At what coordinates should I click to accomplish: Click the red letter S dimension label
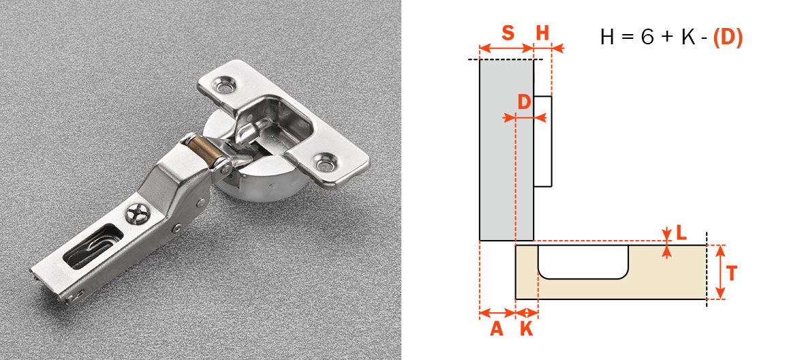click(x=508, y=33)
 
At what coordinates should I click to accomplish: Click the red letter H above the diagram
click(x=542, y=33)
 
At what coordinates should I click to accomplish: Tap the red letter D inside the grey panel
click(x=524, y=102)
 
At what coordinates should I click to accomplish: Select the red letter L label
click(x=681, y=233)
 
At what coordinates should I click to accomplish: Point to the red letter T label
click(x=732, y=274)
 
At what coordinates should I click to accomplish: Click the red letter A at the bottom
click(x=497, y=329)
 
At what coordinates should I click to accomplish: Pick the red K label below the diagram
click(x=526, y=329)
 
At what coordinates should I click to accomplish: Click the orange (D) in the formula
click(x=727, y=37)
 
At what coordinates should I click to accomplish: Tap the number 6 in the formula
click(x=647, y=37)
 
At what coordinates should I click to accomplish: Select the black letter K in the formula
click(x=688, y=37)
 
